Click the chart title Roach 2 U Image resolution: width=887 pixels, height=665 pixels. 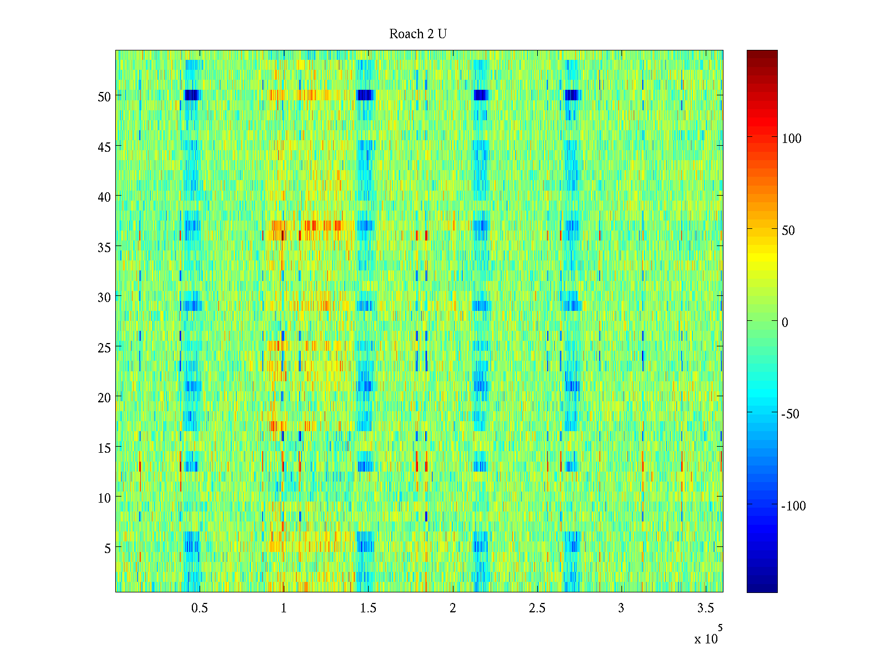point(417,34)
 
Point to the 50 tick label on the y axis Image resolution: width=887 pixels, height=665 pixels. point(104,96)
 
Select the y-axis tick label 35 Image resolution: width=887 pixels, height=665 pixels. point(104,247)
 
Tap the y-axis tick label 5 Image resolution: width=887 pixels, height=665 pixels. point(108,548)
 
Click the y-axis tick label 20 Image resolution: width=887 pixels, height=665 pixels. point(104,397)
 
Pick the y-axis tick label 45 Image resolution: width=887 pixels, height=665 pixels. point(104,147)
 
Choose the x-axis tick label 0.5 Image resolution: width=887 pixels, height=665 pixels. point(200,608)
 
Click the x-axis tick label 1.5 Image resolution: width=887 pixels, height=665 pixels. point(368,608)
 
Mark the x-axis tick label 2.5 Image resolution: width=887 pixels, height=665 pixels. point(537,608)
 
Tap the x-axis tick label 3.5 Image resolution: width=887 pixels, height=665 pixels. point(705,608)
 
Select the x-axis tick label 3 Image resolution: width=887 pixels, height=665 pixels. point(621,608)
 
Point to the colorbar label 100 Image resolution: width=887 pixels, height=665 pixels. point(791,139)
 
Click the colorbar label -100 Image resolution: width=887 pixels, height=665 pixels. point(793,506)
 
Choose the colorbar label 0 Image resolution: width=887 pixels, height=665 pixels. point(784,323)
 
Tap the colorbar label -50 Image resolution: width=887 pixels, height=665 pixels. point(791,415)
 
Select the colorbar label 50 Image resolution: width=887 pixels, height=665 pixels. point(788,231)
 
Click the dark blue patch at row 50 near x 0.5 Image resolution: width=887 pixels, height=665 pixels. point(191,95)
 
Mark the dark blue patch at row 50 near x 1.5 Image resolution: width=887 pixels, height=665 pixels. point(365,95)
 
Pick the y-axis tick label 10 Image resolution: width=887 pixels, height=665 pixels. point(104,498)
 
